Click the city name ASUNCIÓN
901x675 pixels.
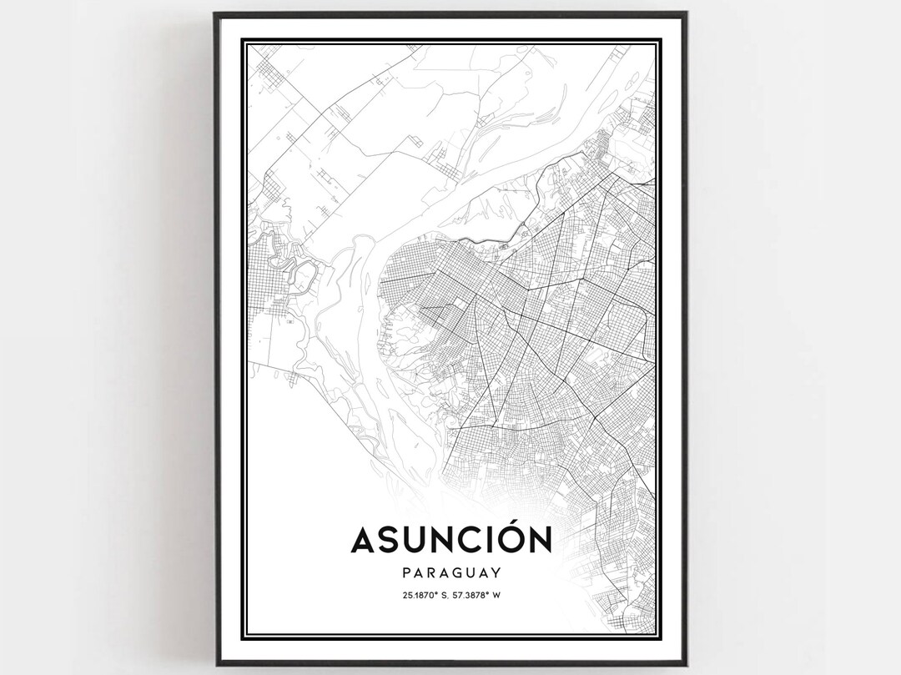tap(450, 540)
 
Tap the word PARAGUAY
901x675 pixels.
tap(450, 573)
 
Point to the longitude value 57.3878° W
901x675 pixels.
tap(479, 595)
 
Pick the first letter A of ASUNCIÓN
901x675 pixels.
tap(365, 541)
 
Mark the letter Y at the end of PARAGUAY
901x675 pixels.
tap(496, 573)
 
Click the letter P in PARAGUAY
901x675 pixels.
tap(406, 573)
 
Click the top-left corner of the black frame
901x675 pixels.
tap(215, 13)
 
